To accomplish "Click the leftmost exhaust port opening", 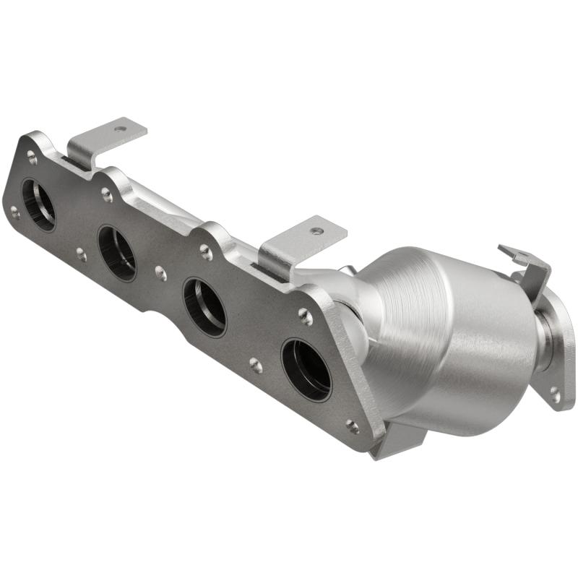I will tap(38, 204).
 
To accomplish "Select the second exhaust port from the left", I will tap(117, 253).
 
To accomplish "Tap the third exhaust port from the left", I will tap(204, 306).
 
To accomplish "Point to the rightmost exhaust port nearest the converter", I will tap(306, 369).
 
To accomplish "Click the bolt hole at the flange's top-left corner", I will tap(32, 154).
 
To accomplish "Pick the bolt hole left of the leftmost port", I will tap(14, 212).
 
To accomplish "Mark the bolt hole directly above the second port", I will tap(107, 194).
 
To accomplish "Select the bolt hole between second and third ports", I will tap(160, 273).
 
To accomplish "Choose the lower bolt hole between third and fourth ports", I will tap(255, 365).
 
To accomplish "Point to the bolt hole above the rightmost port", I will tap(305, 316).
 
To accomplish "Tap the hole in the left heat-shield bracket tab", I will tap(120, 129).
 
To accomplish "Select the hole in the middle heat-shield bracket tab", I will tap(316, 231).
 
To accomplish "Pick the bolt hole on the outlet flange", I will tap(554, 394).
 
